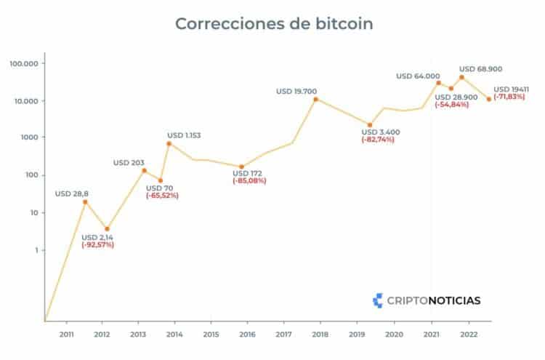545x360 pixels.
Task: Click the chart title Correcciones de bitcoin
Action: click(x=274, y=23)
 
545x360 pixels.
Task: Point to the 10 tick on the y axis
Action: click(x=33, y=212)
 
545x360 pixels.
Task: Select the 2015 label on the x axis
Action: click(x=211, y=334)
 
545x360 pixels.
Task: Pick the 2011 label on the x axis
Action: click(x=66, y=334)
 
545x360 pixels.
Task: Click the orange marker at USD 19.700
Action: click(x=315, y=99)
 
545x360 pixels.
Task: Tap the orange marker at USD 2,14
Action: click(x=107, y=228)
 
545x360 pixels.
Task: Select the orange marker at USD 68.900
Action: click(x=461, y=77)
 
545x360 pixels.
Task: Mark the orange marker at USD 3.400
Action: click(x=370, y=125)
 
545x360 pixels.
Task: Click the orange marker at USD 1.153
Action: click(x=169, y=143)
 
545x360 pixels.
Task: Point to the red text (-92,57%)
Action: click(x=97, y=245)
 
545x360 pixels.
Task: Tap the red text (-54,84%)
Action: click(x=456, y=105)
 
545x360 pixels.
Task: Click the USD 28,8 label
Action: click(x=73, y=193)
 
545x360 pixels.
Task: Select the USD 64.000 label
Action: click(x=418, y=76)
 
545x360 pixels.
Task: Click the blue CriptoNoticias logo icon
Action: click(x=377, y=299)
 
